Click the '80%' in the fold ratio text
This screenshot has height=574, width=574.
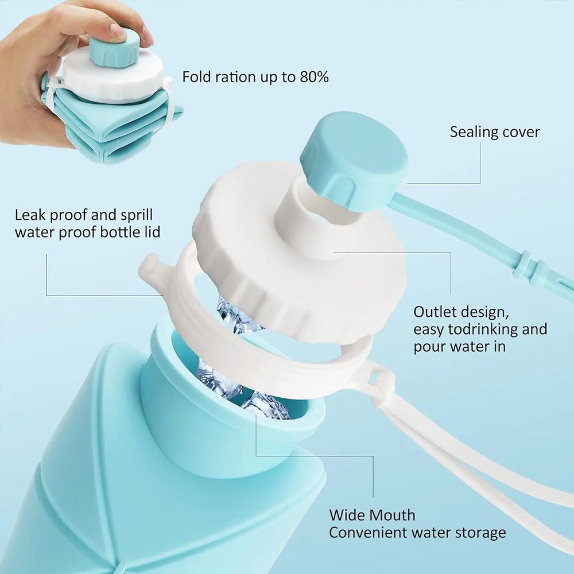tap(313, 77)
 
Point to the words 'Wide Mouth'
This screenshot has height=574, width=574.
tap(372, 515)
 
